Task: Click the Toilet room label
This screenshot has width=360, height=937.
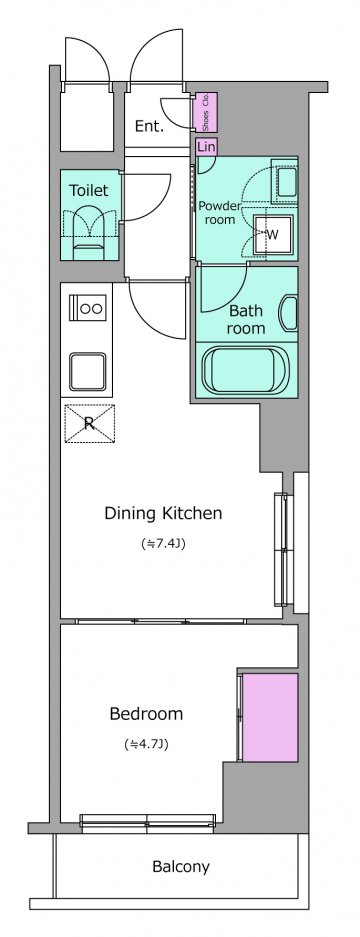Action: pyautogui.click(x=89, y=191)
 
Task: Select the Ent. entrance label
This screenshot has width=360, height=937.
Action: pyautogui.click(x=149, y=127)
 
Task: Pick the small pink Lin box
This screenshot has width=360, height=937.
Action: pyautogui.click(x=206, y=146)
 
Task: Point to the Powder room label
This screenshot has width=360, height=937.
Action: pyautogui.click(x=219, y=213)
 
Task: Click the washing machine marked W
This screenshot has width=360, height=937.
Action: pyautogui.click(x=271, y=234)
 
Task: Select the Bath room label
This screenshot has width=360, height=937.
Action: pyautogui.click(x=247, y=319)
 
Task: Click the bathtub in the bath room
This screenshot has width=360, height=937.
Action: pyautogui.click(x=246, y=368)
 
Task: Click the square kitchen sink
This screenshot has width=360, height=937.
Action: pyautogui.click(x=87, y=371)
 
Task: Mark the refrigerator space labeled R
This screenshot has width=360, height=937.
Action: pyautogui.click(x=89, y=424)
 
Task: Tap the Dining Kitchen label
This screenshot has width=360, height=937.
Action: pyautogui.click(x=163, y=513)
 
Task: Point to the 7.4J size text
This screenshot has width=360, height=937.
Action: pyautogui.click(x=162, y=544)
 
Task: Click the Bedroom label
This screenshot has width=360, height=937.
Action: pyautogui.click(x=146, y=714)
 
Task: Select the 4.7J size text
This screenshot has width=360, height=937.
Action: pyautogui.click(x=146, y=745)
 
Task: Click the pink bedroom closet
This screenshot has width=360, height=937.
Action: pyautogui.click(x=270, y=718)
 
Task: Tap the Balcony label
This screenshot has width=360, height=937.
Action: pyautogui.click(x=181, y=866)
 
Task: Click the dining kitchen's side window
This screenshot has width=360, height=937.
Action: pyautogui.click(x=281, y=549)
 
